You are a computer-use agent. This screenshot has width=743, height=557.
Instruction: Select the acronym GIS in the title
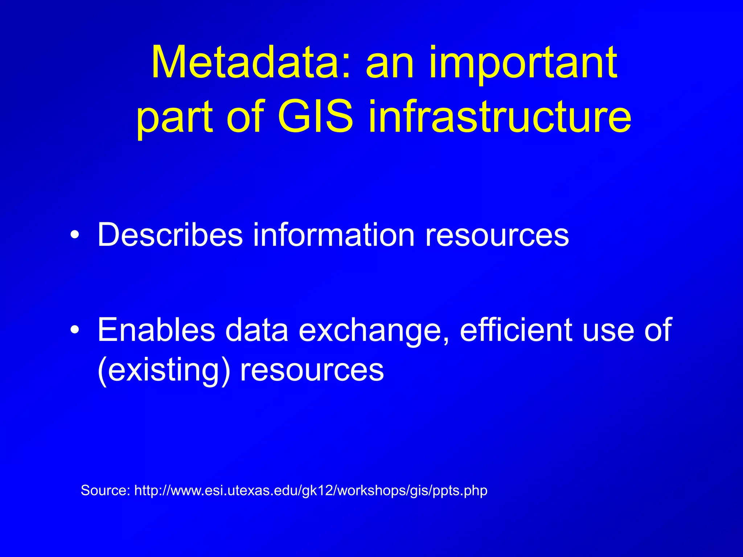coord(315,117)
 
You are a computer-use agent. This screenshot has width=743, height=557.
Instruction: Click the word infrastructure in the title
coord(500,117)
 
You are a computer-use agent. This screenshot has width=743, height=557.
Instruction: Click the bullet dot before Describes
coord(75,236)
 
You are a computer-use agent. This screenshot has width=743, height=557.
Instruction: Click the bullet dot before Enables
coord(75,330)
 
